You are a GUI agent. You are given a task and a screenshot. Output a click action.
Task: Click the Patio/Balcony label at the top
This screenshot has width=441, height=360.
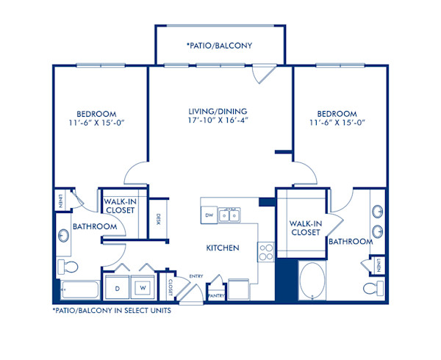pyautogui.click(x=220, y=45)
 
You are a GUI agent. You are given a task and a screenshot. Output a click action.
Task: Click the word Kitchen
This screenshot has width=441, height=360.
pyautogui.click(x=223, y=248)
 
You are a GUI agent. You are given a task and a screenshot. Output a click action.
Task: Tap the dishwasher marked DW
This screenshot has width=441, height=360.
pyautogui.click(x=208, y=215)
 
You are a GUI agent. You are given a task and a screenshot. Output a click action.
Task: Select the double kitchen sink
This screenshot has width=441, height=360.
pyautogui.click(x=232, y=215)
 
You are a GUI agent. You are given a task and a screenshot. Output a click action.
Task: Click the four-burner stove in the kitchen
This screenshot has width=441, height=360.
pyautogui.click(x=265, y=252)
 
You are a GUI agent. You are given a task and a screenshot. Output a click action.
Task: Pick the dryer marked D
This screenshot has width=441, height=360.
pyautogui.click(x=117, y=288)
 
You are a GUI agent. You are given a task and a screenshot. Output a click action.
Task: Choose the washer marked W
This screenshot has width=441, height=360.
pyautogui.click(x=143, y=288)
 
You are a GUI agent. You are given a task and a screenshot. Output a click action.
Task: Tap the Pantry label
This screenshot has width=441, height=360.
pyautogui.click(x=217, y=295)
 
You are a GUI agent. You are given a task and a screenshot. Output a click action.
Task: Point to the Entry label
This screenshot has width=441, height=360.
pyautogui.click(x=196, y=276)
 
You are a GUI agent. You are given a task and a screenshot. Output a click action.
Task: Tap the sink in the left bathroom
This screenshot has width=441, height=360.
pyautogui.click(x=64, y=237)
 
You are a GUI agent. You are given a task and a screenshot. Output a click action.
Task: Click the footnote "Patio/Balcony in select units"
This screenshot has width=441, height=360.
pyautogui.click(x=112, y=311)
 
